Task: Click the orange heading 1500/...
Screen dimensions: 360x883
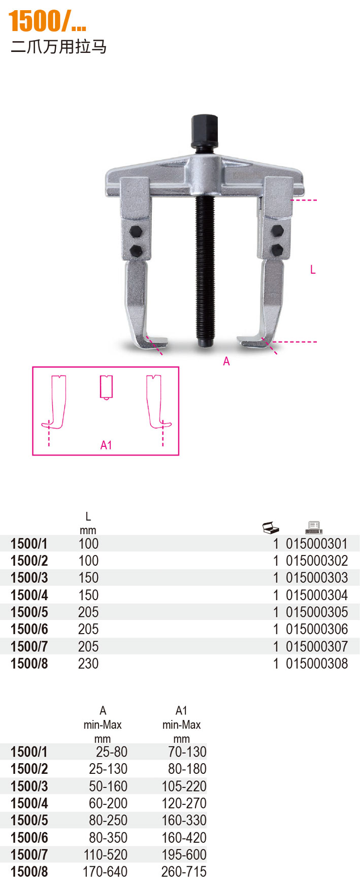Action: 47,21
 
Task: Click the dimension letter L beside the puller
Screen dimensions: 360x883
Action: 313,270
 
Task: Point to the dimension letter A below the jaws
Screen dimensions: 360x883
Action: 226,361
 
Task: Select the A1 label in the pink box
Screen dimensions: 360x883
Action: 106,445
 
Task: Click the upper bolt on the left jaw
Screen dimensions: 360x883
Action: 136,232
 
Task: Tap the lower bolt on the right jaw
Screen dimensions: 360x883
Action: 277,249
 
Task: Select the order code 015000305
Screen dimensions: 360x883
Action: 317,612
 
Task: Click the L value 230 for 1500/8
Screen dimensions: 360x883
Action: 88,663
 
